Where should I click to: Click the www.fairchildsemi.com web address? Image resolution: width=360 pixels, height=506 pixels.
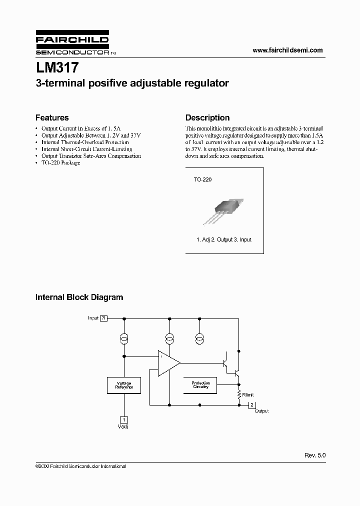coord(287,50)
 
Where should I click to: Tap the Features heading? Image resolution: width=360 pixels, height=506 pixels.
coord(52,118)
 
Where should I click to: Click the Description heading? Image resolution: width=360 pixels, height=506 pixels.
coord(207,118)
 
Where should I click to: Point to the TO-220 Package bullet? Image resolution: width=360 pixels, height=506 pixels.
coord(60,163)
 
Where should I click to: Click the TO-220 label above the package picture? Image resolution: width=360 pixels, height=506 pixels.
coord(202,179)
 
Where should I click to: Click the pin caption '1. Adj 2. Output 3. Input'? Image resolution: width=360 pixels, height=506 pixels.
coord(223,239)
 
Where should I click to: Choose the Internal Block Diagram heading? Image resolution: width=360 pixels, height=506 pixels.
coord(79,297)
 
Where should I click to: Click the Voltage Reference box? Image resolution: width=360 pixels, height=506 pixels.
coord(124,385)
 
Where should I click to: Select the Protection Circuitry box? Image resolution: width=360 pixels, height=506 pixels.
coord(201,385)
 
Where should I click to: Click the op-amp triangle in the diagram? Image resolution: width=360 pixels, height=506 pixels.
coord(168,362)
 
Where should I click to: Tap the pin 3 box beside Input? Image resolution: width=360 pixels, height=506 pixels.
coord(103,318)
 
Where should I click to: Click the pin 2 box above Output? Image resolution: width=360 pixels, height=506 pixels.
coord(252,404)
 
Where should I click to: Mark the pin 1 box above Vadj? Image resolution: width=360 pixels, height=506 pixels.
coord(124,420)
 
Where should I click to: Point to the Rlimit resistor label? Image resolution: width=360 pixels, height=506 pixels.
coord(248,395)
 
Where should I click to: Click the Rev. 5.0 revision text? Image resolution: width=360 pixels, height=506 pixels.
coord(314,456)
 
